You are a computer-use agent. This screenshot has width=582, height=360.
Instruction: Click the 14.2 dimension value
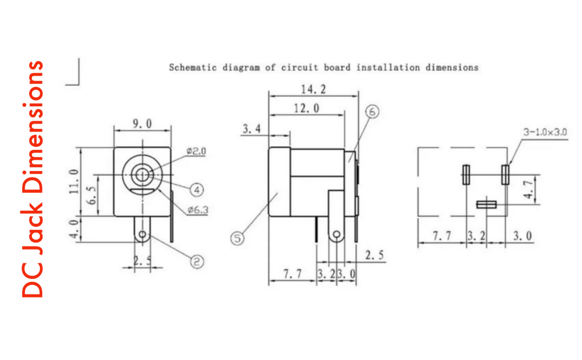click(313, 89)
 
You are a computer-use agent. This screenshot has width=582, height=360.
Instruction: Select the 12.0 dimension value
click(307, 109)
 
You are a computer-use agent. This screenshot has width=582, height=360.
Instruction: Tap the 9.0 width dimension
click(143, 124)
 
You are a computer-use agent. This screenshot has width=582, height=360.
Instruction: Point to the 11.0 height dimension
click(74, 181)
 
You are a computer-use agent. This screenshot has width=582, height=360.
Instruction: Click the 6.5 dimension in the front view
click(92, 195)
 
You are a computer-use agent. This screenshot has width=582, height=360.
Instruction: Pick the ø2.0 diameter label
click(196, 151)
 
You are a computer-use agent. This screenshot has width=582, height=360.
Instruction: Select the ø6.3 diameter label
click(198, 210)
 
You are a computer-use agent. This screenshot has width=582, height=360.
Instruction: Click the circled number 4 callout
click(197, 190)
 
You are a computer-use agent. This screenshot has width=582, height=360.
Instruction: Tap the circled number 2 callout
click(197, 262)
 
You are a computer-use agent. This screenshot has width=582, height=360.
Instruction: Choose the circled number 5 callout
click(238, 238)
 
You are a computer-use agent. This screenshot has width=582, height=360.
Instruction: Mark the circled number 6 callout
click(372, 112)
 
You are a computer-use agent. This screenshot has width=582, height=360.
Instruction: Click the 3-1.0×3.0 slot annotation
click(545, 132)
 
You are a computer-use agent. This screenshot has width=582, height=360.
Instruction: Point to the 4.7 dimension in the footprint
click(529, 189)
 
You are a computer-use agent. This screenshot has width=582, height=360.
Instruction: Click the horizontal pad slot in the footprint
click(487, 205)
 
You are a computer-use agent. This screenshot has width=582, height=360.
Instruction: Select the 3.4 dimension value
click(251, 129)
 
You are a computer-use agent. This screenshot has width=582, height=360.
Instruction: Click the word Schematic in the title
click(193, 68)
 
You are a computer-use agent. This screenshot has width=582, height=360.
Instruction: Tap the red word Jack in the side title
click(32, 228)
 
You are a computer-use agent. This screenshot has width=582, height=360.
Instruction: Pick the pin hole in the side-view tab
click(336, 235)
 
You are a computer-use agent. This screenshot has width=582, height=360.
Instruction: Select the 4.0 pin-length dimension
click(74, 229)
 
